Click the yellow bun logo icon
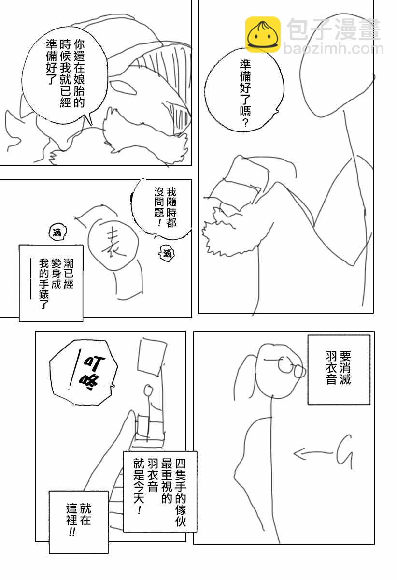click(263, 34)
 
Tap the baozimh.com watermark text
click(333, 49)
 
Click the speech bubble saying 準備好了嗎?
click(244, 92)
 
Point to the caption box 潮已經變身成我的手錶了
click(51, 283)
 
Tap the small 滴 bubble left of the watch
click(56, 233)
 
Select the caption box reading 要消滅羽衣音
click(339, 369)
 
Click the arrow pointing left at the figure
click(312, 453)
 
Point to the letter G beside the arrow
click(343, 451)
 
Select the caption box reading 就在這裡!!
click(78, 522)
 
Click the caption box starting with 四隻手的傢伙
click(160, 491)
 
